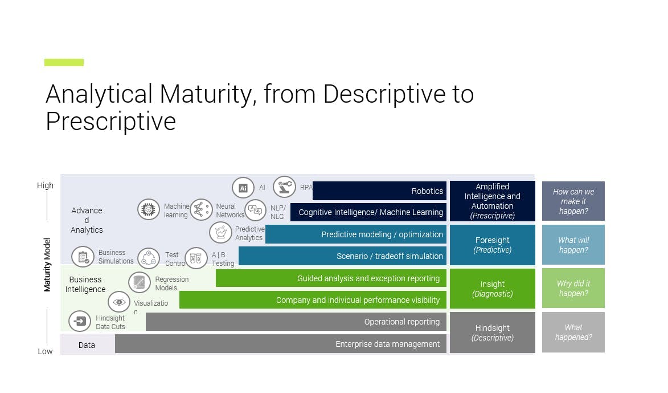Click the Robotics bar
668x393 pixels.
[379, 191]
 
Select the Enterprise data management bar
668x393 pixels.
[281, 344]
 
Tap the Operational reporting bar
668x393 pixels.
[296, 322]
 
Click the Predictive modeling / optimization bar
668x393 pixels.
[356, 234]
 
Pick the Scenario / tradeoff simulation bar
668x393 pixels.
[342, 256]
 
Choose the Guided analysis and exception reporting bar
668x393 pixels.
[331, 278]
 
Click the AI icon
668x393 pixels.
[243, 188]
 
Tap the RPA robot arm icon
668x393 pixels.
[284, 187]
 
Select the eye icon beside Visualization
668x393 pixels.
[119, 302]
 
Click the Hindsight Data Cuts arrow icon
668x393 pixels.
[80, 321]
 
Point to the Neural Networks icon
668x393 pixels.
[200, 209]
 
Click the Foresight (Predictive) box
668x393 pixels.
[492, 245]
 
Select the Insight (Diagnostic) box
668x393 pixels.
[492, 289]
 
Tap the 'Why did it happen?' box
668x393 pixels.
[573, 289]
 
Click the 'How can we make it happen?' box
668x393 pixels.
[573, 201]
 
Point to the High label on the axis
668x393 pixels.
[45, 185]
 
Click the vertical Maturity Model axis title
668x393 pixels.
[48, 265]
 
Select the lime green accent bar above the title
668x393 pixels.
[64, 62]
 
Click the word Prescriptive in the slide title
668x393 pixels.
[110, 121]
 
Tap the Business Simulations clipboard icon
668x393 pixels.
[83, 257]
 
